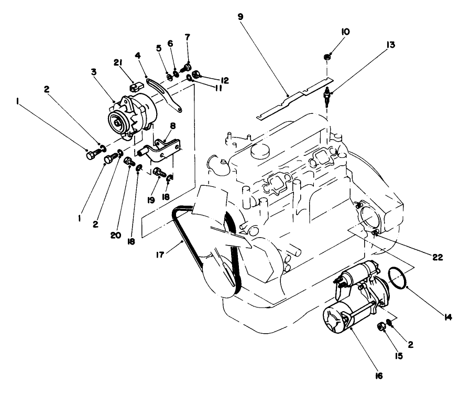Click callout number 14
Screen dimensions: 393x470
(449, 317)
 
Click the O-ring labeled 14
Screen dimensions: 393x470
(399, 279)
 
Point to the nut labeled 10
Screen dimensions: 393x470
(327, 56)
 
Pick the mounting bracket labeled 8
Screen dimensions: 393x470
(163, 147)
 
